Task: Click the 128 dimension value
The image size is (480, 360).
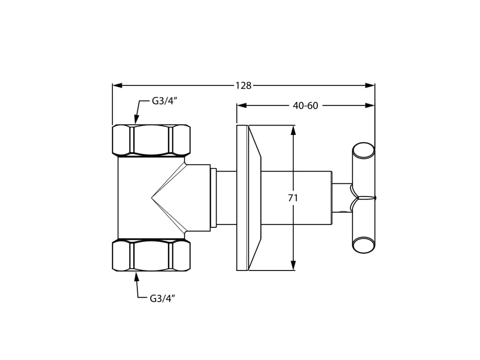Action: pos(243,86)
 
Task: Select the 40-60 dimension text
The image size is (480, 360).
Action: pos(305,106)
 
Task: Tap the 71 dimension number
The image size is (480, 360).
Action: pos(293,198)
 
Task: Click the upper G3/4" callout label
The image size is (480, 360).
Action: pos(164,101)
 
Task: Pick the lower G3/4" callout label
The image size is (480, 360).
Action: pos(162,299)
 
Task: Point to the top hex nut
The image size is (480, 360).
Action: pos(151,140)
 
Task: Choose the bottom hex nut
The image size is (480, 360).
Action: pos(151,255)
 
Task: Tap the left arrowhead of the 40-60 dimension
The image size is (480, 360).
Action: pos(241,105)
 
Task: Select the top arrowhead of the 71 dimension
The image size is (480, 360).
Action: pos(293,130)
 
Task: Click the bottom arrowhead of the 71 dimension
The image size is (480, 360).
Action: pos(293,266)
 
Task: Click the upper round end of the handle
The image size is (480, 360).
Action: pos(363,150)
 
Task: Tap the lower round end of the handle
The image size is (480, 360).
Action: pos(363,245)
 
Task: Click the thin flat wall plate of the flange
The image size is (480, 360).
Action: pos(242,198)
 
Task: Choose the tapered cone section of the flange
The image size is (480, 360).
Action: pos(254,198)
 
